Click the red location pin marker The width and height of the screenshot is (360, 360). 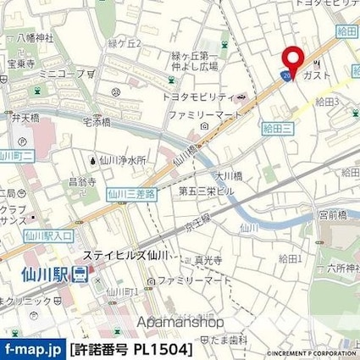pos(293,60)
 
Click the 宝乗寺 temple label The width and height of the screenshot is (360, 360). pos(19,63)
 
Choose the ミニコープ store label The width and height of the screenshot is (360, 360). pos(65,73)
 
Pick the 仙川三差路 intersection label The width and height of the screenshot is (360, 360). pos(131,194)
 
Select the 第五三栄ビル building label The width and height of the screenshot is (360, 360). pos(206,191)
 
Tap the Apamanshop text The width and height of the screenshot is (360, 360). pos(180,322)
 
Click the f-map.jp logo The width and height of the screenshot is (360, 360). pos(32,349)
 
